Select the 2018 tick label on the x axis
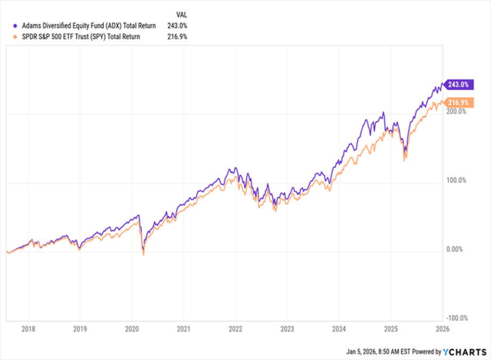[x=29, y=329]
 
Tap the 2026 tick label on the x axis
[x=442, y=329]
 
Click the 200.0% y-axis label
[x=456, y=112]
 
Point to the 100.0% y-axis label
[x=456, y=181]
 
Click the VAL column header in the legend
[x=182, y=14]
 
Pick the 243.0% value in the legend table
[x=176, y=26]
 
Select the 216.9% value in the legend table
[x=176, y=37]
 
